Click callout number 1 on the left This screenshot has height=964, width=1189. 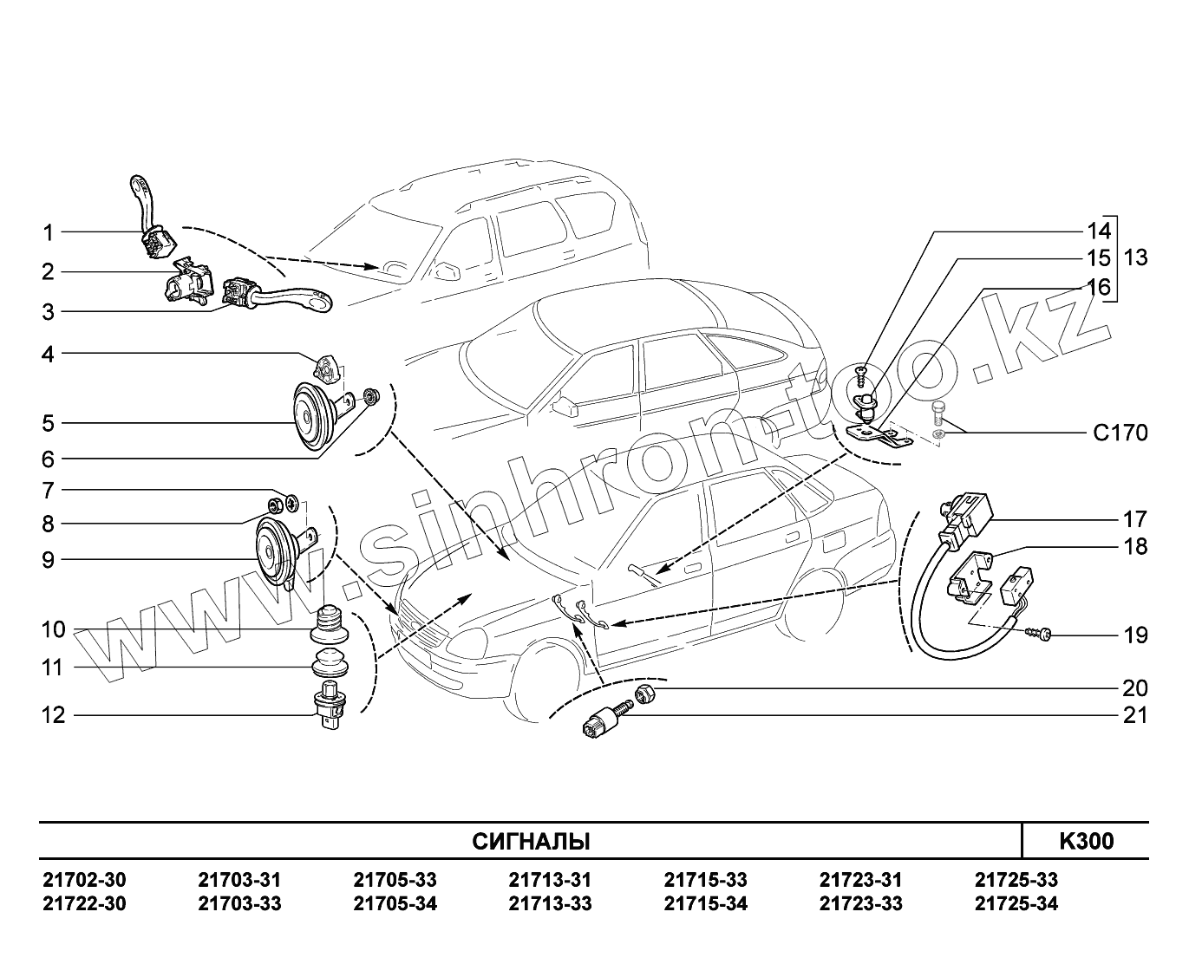pos(49,232)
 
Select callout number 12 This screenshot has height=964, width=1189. pos(54,715)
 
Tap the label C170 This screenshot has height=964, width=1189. pos(1120,433)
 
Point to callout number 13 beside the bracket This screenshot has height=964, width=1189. pos(1134,257)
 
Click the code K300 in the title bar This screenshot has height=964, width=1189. pos(1086,841)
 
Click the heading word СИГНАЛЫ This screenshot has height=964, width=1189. pos(531,841)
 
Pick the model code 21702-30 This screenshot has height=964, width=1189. pos(84,880)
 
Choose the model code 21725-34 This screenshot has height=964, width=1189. pos(1016,904)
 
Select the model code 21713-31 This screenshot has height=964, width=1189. pos(550,880)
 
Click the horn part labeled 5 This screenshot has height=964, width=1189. pos(308,416)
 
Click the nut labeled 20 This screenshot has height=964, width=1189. pos(644,693)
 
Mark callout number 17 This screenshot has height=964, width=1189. pos(1134,519)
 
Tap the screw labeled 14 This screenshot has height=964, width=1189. pos(860,375)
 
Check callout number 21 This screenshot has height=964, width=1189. pos(1134,715)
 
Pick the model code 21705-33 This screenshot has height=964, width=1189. pos(395,880)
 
